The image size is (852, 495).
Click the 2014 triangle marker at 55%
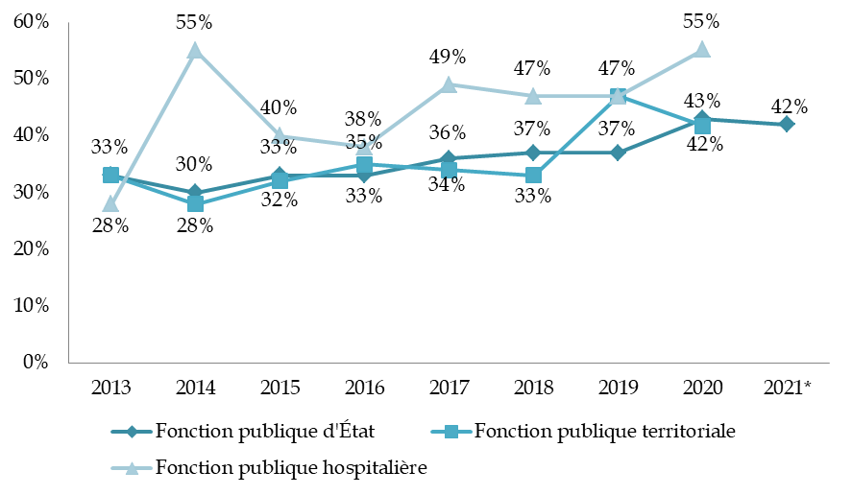[x=195, y=50]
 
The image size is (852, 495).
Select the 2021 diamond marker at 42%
[x=787, y=124]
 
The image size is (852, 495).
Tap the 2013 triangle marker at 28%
[x=110, y=203]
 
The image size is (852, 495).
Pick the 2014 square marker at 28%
[x=195, y=203]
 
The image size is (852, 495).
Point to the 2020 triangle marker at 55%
[x=702, y=50]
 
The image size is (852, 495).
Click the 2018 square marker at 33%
[x=533, y=176]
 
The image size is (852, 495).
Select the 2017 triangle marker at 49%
[x=449, y=84]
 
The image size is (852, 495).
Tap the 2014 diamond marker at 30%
[x=195, y=192]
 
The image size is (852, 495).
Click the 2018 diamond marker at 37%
[x=533, y=153]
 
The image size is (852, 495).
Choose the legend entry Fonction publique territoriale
[x=586, y=432]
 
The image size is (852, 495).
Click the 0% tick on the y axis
[x=36, y=363]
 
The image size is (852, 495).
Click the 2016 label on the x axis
[x=364, y=388]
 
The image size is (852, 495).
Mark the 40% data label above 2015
[x=279, y=107]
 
